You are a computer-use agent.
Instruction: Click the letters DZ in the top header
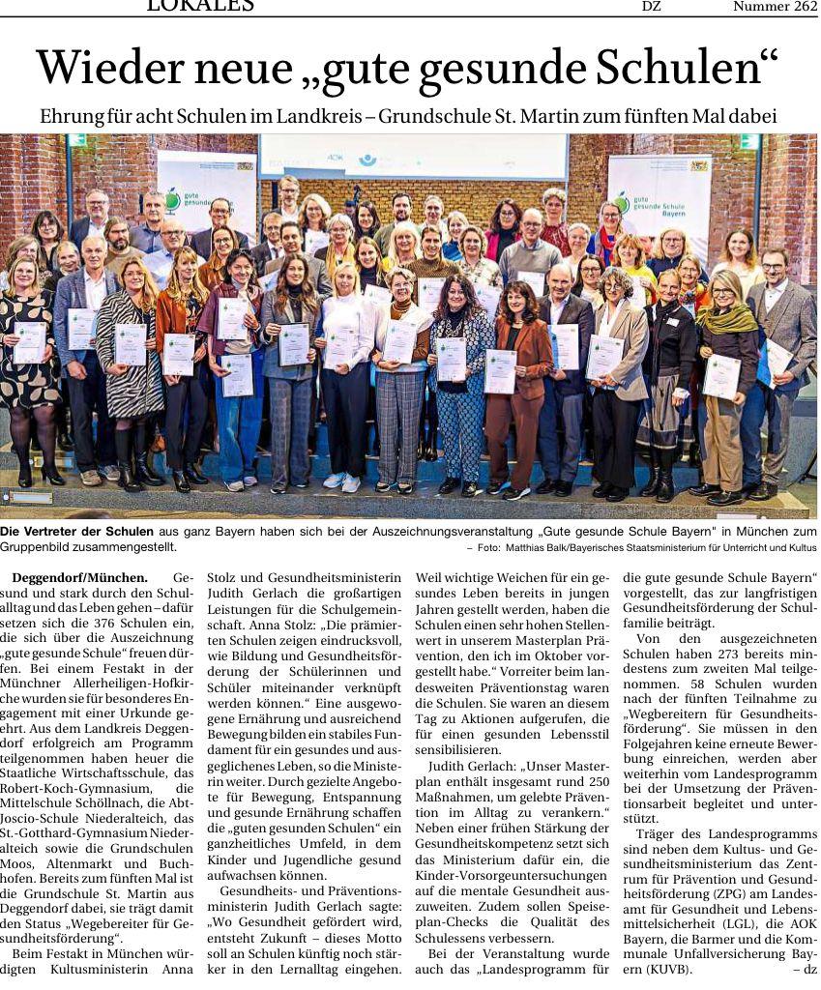coord(652,7)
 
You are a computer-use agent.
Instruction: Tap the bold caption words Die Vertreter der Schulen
coord(76,532)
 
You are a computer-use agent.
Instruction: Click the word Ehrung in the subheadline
coord(72,116)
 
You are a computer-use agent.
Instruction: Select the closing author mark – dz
coord(804,969)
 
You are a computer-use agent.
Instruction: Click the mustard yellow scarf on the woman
coord(726,317)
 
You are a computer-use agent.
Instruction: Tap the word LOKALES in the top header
coord(200,6)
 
